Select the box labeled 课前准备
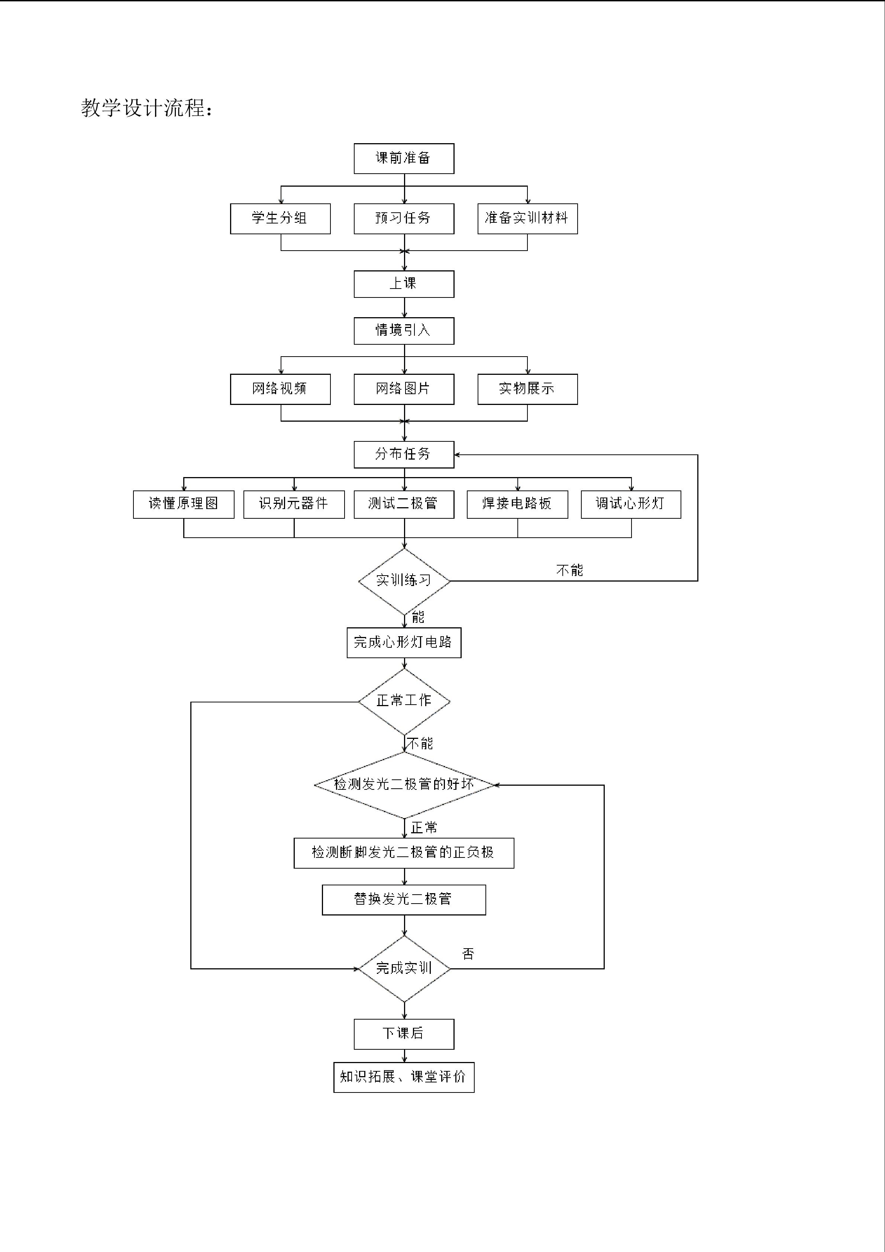[404, 159]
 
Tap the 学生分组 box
[280, 219]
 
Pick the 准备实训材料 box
[527, 219]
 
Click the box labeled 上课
[404, 284]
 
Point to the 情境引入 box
[404, 331]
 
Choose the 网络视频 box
[280, 389]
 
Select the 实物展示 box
[527, 389]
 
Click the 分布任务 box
[404, 454]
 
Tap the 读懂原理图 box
[184, 504]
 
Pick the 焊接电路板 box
[517, 504]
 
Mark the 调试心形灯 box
[630, 504]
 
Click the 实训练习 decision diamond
[404, 581]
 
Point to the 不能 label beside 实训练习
[569, 570]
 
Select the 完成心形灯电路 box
[404, 642]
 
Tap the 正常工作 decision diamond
[404, 701]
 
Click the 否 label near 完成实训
[468, 954]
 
